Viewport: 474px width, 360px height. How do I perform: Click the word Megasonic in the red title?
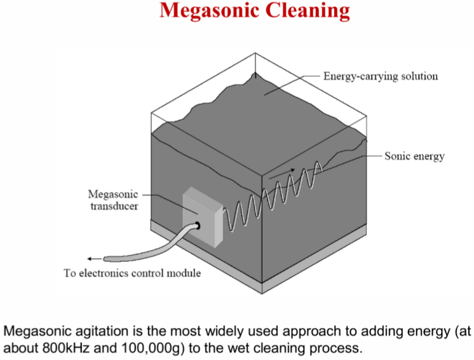point(210,11)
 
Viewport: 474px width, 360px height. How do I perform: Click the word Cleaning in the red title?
point(308,11)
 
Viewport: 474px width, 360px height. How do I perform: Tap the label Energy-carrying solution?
point(381,76)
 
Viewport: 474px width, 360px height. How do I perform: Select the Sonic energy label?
point(414,156)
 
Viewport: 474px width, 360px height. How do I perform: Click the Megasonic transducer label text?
point(113,200)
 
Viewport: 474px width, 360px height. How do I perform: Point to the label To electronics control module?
point(132,273)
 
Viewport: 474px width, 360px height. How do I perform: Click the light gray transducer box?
point(203,218)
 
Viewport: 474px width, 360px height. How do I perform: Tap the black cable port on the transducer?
point(198,225)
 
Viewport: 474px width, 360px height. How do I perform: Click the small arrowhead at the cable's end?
point(90,259)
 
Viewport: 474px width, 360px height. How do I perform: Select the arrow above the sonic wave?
point(281,174)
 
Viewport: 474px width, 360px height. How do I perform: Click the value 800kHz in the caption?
point(66,348)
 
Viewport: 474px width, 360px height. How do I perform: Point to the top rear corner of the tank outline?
point(255,53)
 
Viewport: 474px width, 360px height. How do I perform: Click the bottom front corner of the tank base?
point(262,293)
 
